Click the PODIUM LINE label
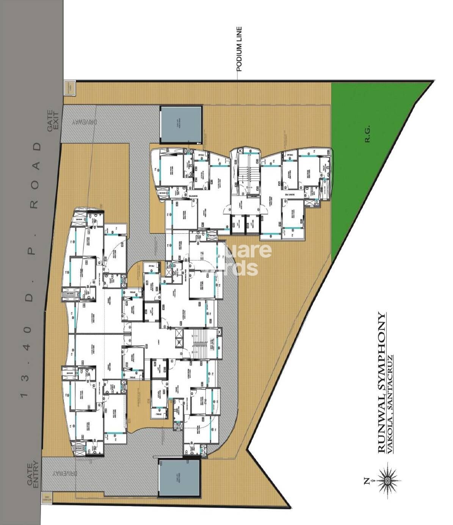(239, 49)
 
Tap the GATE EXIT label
(53, 121)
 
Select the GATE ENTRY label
(33, 474)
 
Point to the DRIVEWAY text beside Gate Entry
(65, 473)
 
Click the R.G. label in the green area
(367, 134)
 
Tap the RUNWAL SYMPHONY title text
(381, 383)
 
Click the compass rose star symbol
(387, 480)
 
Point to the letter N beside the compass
(367, 481)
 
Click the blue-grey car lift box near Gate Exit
(181, 124)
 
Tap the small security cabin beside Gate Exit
(69, 88)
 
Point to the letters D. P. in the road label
(31, 274)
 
